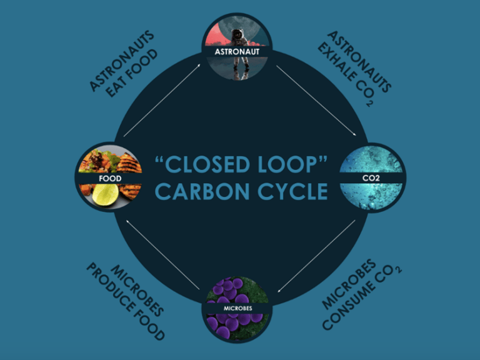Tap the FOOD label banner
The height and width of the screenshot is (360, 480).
(x=109, y=178)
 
